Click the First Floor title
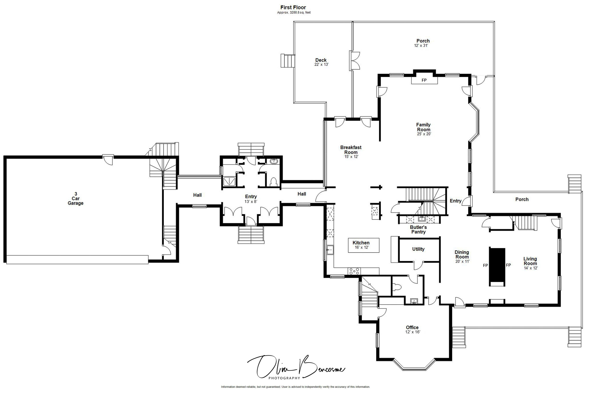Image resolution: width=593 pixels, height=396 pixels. pos(293,8)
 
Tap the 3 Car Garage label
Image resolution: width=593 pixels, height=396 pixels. pos(75,199)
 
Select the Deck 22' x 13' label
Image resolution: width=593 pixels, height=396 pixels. pos(321,62)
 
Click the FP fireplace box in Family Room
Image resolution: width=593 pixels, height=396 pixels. pos(424,80)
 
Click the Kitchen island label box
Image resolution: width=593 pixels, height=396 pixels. pos(363,245)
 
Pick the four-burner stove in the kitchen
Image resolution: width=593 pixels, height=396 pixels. pos(354,271)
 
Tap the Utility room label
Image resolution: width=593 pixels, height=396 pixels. pos(418,249)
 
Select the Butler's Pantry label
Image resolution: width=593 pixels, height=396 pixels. pos(418,229)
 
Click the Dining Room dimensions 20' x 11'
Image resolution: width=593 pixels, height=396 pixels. pos(462,262)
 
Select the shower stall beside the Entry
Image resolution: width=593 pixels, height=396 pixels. pos(229,181)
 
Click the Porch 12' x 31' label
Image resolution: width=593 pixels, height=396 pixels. pos(423,43)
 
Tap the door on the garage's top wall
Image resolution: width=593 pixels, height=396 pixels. pos(108,159)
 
